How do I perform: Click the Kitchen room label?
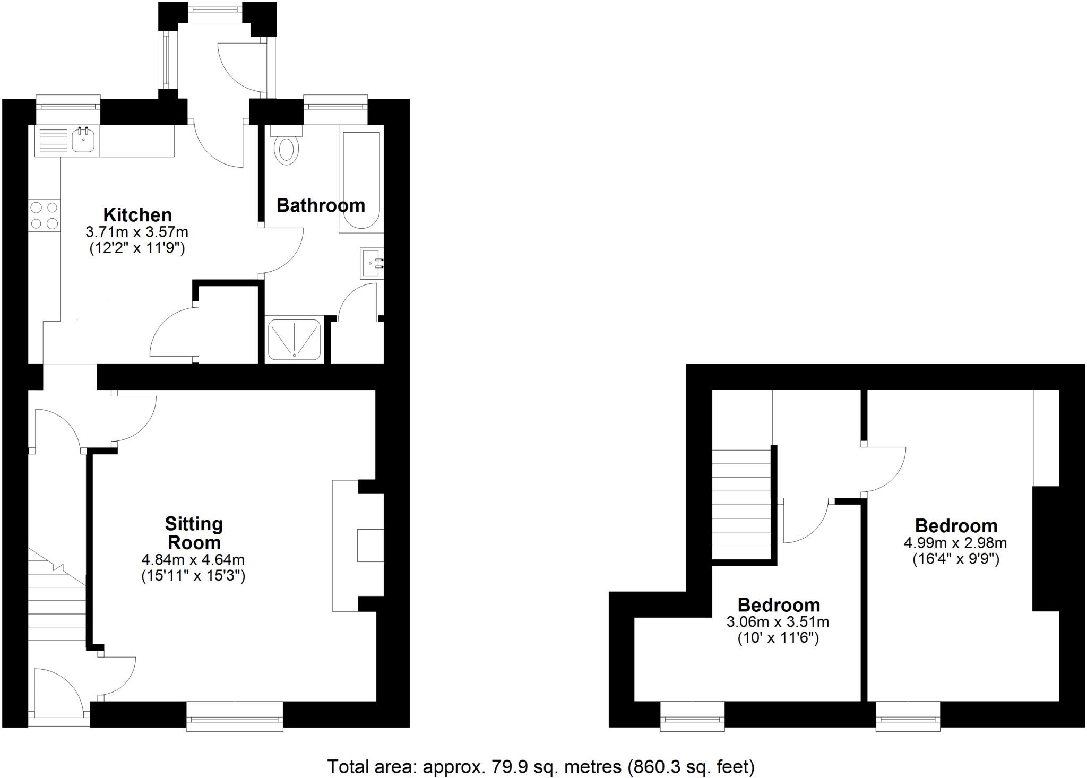coord(137,215)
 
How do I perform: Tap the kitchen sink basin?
coord(83,141)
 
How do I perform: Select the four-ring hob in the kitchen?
coord(44,215)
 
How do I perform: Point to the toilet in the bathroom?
coord(287,148)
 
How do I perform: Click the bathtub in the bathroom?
coord(361,180)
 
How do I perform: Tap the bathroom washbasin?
coord(372,263)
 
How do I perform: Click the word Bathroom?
coord(321,205)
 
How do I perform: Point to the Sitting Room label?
coord(193,533)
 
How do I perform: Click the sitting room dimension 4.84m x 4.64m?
coord(193,559)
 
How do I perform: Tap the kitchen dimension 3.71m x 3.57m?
coord(137,232)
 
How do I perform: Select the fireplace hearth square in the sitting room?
coord(370,545)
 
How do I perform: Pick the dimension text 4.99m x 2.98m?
coord(955,543)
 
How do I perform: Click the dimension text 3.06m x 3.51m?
coord(778,621)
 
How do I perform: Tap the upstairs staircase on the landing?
coord(741,504)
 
